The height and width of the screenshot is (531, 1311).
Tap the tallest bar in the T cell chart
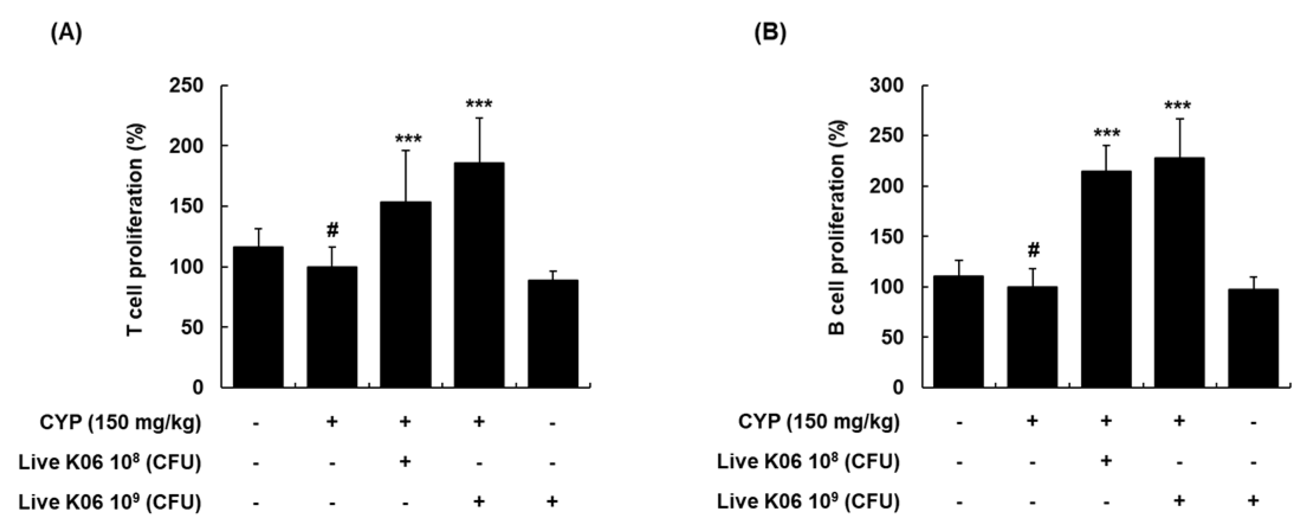point(479,275)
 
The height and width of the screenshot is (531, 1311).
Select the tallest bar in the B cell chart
point(1179,272)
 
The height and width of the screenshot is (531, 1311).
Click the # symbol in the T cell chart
point(332,230)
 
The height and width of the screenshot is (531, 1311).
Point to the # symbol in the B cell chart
point(1032,250)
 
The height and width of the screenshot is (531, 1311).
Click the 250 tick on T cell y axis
point(186,86)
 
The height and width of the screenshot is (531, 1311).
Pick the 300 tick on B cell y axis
point(886,86)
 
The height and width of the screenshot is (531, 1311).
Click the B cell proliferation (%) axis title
point(837,228)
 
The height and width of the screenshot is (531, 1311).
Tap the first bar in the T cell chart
point(258,317)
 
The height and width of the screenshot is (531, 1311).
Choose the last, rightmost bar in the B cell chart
point(1253,338)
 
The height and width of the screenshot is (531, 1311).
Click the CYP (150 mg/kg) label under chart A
point(120,423)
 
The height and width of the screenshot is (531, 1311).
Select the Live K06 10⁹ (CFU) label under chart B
point(808,502)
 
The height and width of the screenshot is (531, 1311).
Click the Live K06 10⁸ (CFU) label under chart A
point(109,462)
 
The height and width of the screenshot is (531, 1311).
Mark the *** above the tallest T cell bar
point(479,105)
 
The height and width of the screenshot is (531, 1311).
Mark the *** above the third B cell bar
point(1105,133)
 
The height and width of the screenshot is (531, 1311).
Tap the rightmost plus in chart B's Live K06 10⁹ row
point(1253,501)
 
